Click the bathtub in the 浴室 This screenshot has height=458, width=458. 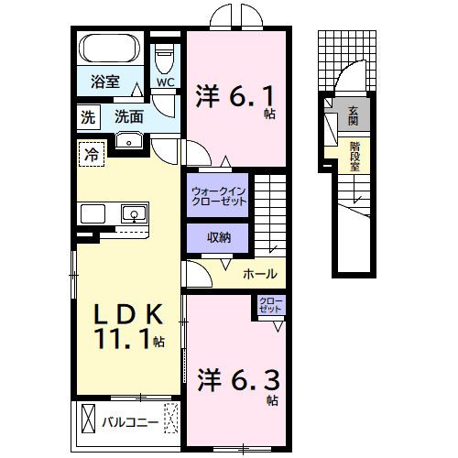pyautogui.click(x=109, y=48)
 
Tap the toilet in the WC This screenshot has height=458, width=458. pyautogui.click(x=165, y=60)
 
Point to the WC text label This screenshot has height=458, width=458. pyautogui.click(x=165, y=82)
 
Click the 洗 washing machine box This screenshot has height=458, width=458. pyautogui.click(x=87, y=116)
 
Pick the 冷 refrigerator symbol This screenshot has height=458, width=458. pyautogui.click(x=91, y=154)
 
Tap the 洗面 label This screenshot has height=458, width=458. pyautogui.click(x=129, y=116)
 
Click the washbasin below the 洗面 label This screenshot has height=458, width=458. pyautogui.click(x=129, y=139)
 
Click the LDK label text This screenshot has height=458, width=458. pyautogui.click(x=129, y=314)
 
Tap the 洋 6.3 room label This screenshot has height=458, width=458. pyautogui.click(x=234, y=377)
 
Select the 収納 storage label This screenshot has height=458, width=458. pyautogui.click(x=218, y=238)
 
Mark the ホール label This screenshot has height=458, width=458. pyautogui.click(x=259, y=274)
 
